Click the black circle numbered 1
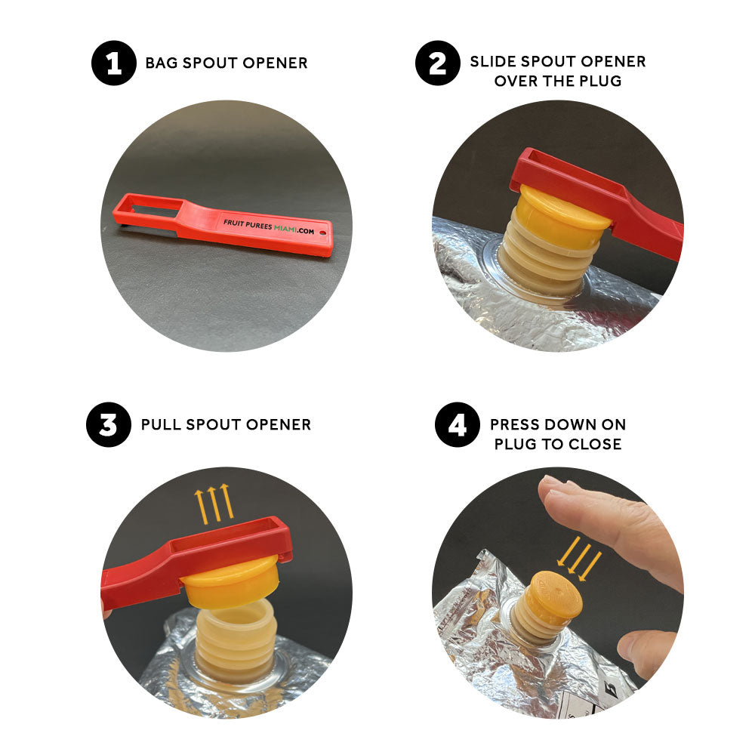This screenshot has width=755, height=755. pyautogui.click(x=114, y=63)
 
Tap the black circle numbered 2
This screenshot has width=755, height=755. pyautogui.click(x=438, y=63)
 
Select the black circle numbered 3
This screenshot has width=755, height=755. pyautogui.click(x=108, y=424)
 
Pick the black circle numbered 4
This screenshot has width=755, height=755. pyautogui.click(x=457, y=424)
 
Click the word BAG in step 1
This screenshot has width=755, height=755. pyautogui.click(x=162, y=63)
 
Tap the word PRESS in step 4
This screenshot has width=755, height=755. pyautogui.click(x=513, y=424)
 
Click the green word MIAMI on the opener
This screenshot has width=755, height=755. pyautogui.click(x=285, y=228)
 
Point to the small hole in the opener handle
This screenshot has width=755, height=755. pyautogui.click(x=322, y=233)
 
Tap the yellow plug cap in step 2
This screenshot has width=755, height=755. pyautogui.click(x=564, y=214)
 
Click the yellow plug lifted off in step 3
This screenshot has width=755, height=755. pyautogui.click(x=231, y=580)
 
